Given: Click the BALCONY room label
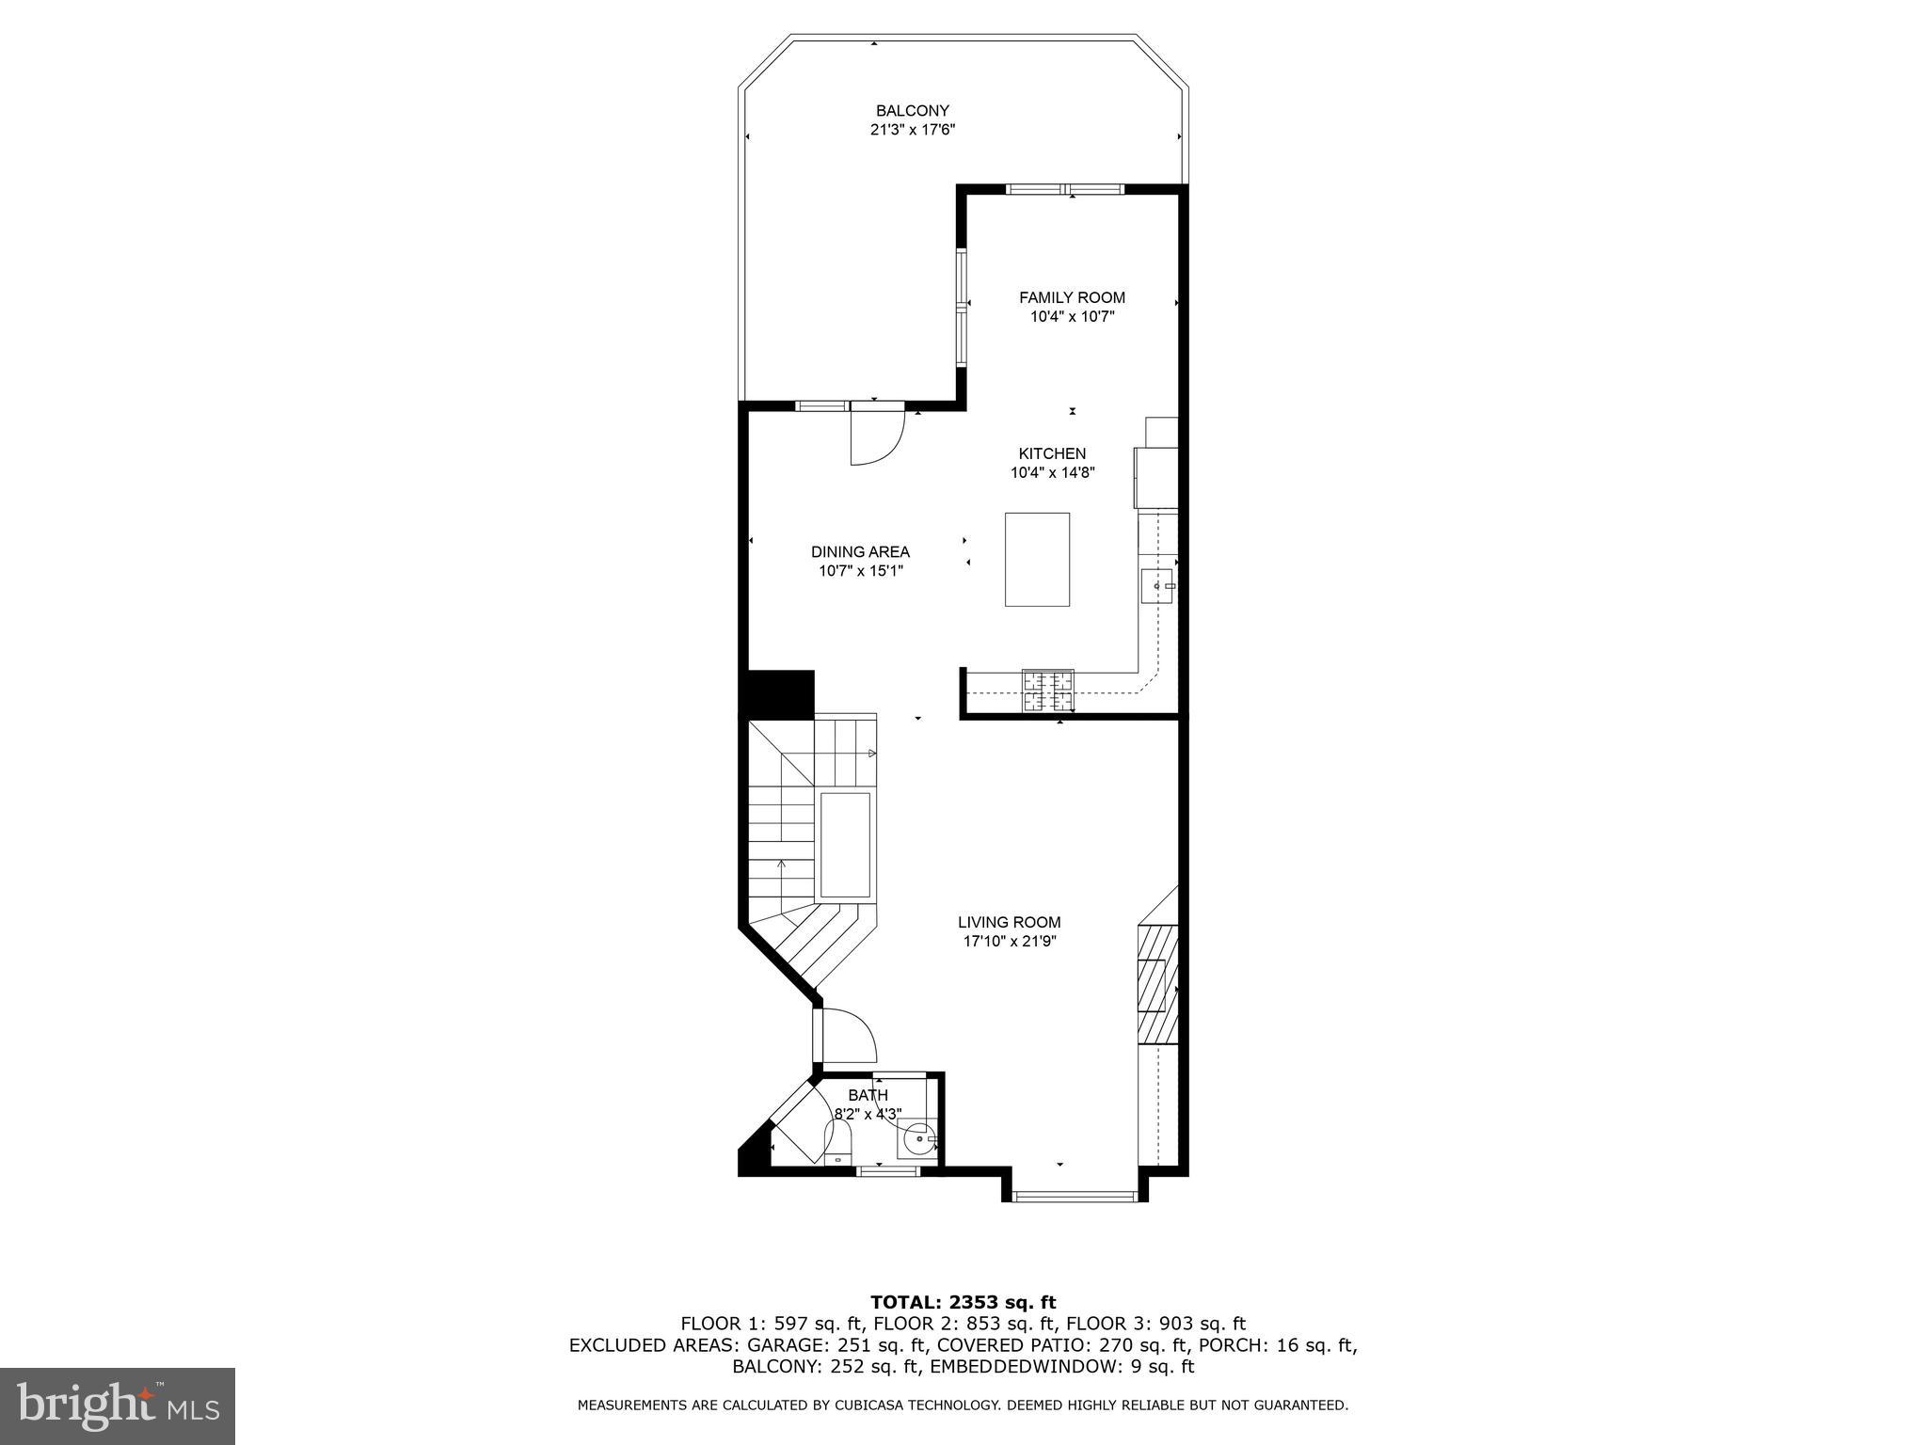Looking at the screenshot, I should pyautogui.click(x=912, y=110).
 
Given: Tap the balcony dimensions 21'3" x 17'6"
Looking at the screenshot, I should pyautogui.click(x=912, y=131).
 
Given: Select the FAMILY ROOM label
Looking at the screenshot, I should pyautogui.click(x=1072, y=297).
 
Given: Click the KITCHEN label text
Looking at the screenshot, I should pyautogui.click(x=1052, y=453).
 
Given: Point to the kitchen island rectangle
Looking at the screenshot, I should pyautogui.click(x=1037, y=559).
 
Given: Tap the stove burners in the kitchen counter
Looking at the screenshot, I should pyautogui.click(x=1048, y=691).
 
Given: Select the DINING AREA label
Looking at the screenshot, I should pyautogui.click(x=860, y=551).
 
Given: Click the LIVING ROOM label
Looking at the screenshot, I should pyautogui.click(x=1009, y=922).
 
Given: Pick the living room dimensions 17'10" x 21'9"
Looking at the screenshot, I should pyautogui.click(x=1009, y=942).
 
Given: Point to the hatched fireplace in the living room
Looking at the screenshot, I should pyautogui.click(x=1157, y=983).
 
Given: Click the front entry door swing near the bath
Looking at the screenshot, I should pyautogui.click(x=847, y=1035).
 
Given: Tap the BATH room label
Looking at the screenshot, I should pyautogui.click(x=868, y=1095).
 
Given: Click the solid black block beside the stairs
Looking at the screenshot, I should pyautogui.click(x=780, y=694).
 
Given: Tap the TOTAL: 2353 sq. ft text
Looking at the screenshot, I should pyautogui.click(x=963, y=1302).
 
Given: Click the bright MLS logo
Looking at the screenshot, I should pyautogui.click(x=118, y=1405).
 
